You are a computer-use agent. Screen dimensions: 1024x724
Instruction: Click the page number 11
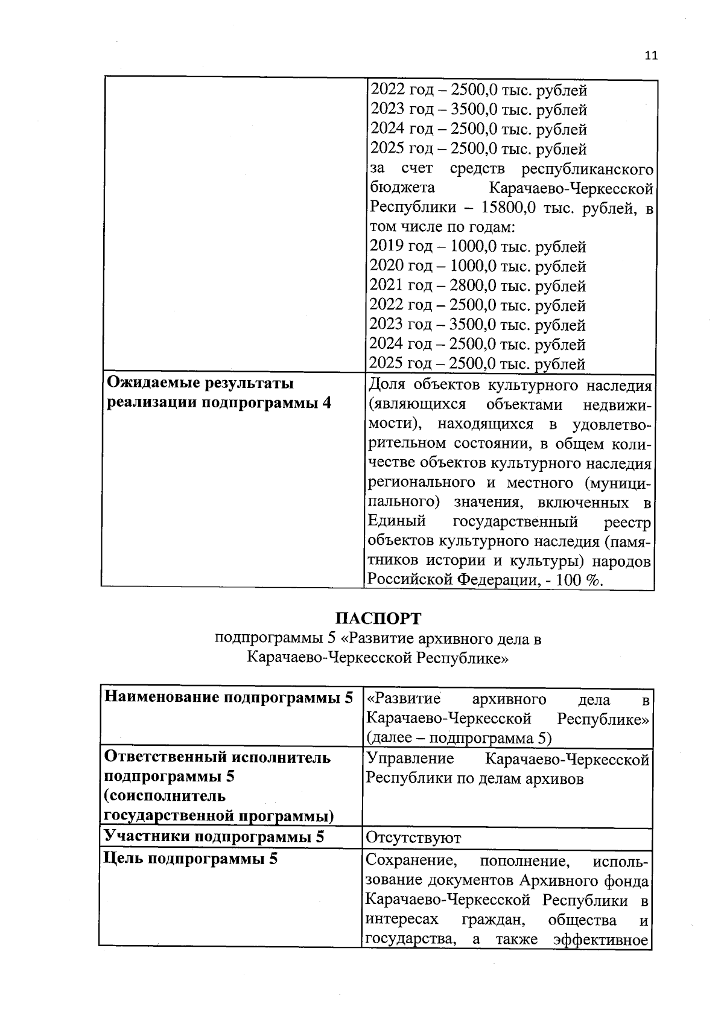point(650,56)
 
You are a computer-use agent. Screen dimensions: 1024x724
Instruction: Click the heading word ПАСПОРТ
point(378,619)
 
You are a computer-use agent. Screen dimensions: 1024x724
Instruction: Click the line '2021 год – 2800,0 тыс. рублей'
point(477,286)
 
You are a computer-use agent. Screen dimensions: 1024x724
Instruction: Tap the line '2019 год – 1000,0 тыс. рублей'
point(477,247)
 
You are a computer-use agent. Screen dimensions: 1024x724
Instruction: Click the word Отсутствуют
point(414,838)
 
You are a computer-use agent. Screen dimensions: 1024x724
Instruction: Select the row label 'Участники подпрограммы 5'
point(214,836)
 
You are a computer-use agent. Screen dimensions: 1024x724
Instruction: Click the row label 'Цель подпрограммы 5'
point(191,859)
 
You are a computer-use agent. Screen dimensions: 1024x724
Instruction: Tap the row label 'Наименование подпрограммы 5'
point(229,698)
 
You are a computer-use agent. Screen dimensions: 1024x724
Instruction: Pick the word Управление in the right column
point(410,759)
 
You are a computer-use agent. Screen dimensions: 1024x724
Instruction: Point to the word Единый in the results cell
point(397,521)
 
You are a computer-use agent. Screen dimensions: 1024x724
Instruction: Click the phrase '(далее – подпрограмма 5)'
point(459,738)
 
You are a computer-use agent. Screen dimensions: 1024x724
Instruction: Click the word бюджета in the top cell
point(401,188)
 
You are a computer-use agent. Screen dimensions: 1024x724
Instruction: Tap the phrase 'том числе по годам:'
point(442,227)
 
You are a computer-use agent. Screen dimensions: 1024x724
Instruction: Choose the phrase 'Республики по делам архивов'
point(475,778)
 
